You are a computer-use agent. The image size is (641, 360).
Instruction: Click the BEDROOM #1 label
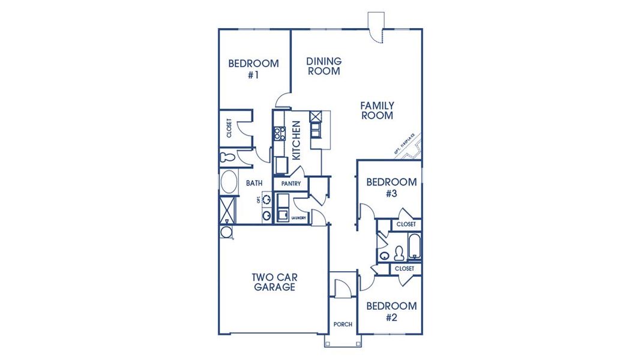253,69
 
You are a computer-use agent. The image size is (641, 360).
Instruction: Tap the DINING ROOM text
324,66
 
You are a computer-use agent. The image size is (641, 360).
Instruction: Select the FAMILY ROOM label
377,110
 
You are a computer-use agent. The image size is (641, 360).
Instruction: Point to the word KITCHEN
296,140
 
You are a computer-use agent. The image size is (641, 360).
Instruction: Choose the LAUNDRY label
299,218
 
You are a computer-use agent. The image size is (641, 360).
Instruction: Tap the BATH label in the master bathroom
254,183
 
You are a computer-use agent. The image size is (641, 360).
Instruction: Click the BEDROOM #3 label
391,187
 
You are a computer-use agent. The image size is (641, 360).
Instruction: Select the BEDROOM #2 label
391,311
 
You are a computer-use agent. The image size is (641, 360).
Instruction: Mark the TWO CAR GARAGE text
274,282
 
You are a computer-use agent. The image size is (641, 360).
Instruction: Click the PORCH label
343,325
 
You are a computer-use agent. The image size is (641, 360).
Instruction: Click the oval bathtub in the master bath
228,182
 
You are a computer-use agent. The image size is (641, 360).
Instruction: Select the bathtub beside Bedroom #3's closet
415,247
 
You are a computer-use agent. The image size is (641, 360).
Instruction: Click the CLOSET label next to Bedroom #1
229,130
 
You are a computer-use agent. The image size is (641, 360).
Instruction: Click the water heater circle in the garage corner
227,232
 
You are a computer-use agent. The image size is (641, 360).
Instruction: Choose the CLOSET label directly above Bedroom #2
405,269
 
